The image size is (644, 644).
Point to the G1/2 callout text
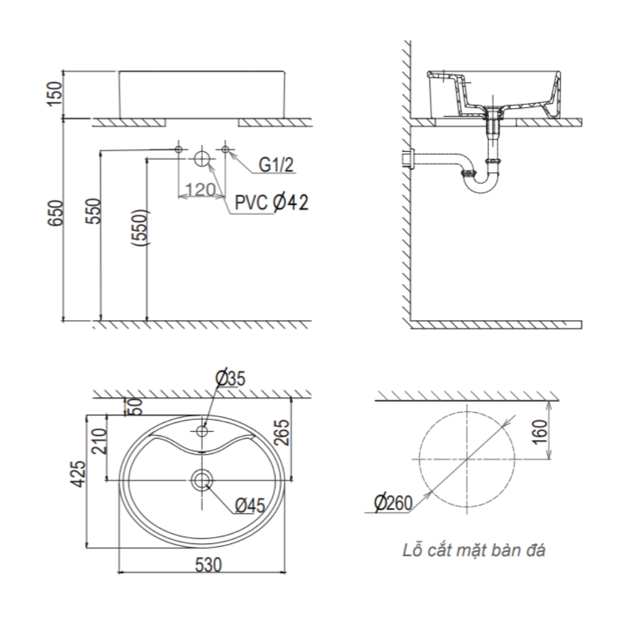coord(276,166)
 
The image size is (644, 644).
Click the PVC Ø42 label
coord(271,204)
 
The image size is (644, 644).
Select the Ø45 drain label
coord(250,506)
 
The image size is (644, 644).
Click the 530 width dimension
coord(208,565)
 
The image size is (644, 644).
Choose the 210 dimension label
coord(99,440)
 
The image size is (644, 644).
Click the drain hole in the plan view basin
coord(202,479)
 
